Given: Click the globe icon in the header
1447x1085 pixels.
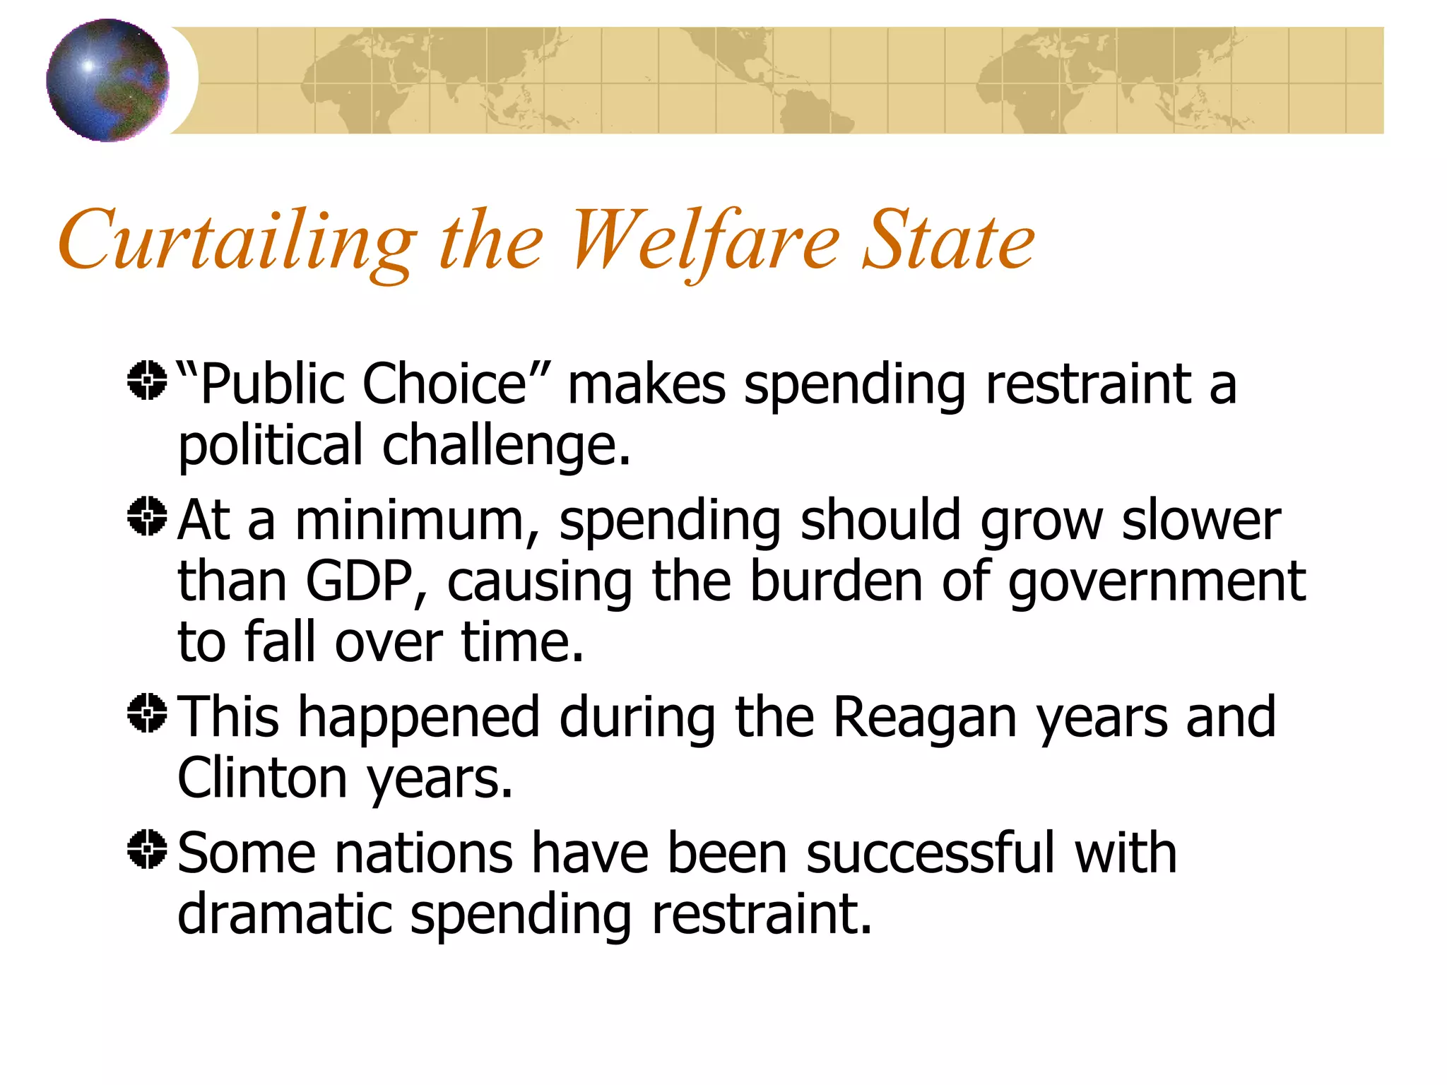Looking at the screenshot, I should tap(107, 81).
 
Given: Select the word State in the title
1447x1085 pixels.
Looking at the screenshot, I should tap(949, 240).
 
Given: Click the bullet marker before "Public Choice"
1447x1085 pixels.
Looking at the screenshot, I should tap(147, 381).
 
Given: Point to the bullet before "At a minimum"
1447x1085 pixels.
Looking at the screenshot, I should tap(147, 516).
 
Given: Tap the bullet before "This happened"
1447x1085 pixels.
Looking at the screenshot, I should tap(147, 713).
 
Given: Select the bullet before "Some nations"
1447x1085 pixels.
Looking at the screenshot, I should tap(147, 849).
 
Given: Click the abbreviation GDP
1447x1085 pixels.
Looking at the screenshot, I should tap(359, 581).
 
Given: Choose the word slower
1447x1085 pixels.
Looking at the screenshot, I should tap(1201, 521).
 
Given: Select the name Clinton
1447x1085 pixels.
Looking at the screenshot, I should tap(262, 778).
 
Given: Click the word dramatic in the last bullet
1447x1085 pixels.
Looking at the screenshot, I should tap(284, 914).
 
